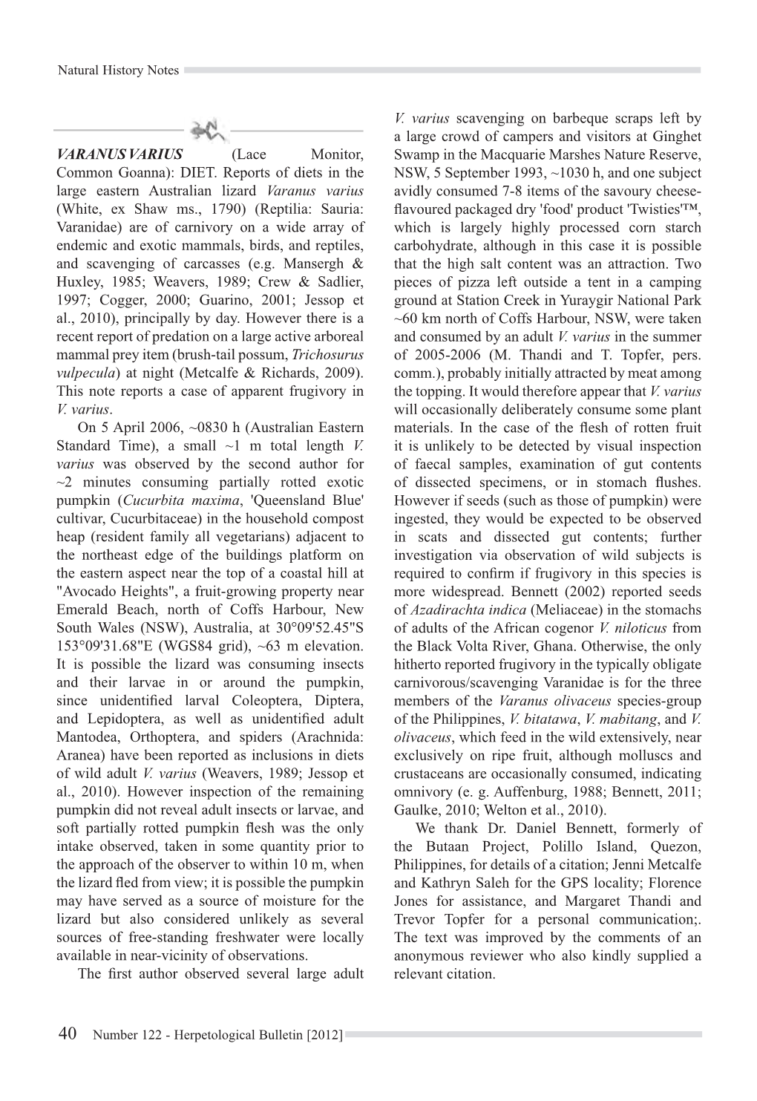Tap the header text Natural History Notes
tap(119, 71)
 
